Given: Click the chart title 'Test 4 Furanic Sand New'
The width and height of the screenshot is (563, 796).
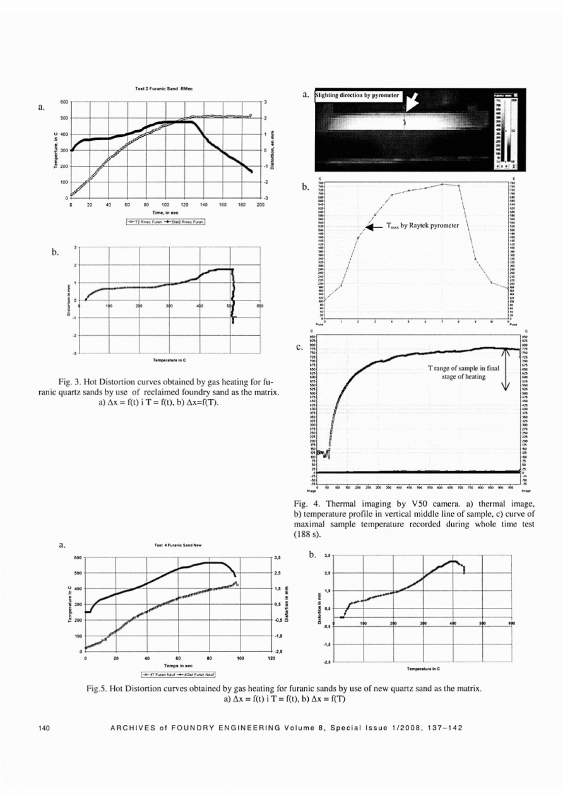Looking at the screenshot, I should [x=170, y=549].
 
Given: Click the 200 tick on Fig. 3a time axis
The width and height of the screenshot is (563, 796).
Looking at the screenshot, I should [x=259, y=205].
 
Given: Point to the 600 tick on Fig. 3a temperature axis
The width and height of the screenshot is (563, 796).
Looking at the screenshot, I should [x=64, y=102].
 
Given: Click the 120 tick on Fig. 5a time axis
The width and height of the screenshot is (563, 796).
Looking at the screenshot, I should [x=271, y=658].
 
